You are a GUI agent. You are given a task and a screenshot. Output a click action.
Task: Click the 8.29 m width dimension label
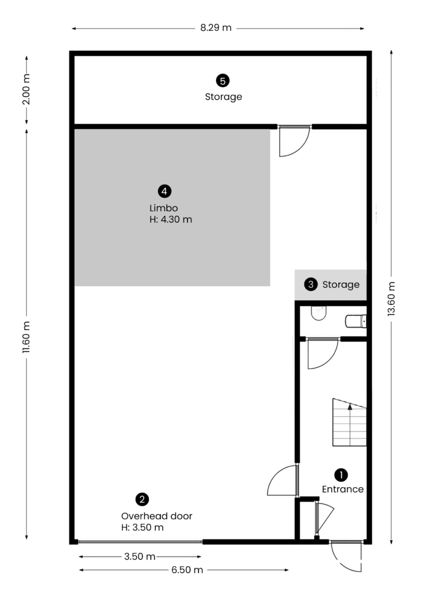click(216, 28)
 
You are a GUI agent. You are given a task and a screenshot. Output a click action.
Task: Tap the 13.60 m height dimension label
click(391, 298)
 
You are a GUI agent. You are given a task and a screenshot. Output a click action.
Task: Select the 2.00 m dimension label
click(26, 89)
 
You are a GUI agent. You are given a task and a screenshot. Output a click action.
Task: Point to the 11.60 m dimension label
click(26, 337)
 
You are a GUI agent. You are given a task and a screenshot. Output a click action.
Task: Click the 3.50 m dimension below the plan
click(140, 557)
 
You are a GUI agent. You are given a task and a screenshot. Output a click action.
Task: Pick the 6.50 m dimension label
click(187, 570)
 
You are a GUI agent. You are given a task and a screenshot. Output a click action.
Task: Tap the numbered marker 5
click(223, 81)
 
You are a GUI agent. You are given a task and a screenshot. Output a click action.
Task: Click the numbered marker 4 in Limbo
click(164, 191)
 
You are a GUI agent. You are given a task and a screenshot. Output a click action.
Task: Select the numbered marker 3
click(311, 284)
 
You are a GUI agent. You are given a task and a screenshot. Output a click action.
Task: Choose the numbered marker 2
click(143, 499)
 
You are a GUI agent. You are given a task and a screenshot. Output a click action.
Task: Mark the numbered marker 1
click(341, 475)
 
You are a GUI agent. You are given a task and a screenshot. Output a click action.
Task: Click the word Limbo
click(164, 208)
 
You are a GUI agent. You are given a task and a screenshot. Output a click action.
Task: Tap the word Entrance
click(342, 489)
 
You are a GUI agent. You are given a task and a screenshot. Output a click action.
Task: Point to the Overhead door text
click(157, 516)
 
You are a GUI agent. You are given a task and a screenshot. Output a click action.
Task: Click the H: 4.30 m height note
click(171, 220)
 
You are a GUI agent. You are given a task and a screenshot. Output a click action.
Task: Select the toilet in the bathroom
click(356, 321)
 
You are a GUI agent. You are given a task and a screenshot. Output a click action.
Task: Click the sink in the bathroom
click(318, 313)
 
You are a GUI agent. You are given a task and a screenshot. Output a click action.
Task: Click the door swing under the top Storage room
click(294, 141)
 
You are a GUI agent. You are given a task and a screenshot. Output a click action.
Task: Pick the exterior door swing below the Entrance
click(346, 557)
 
